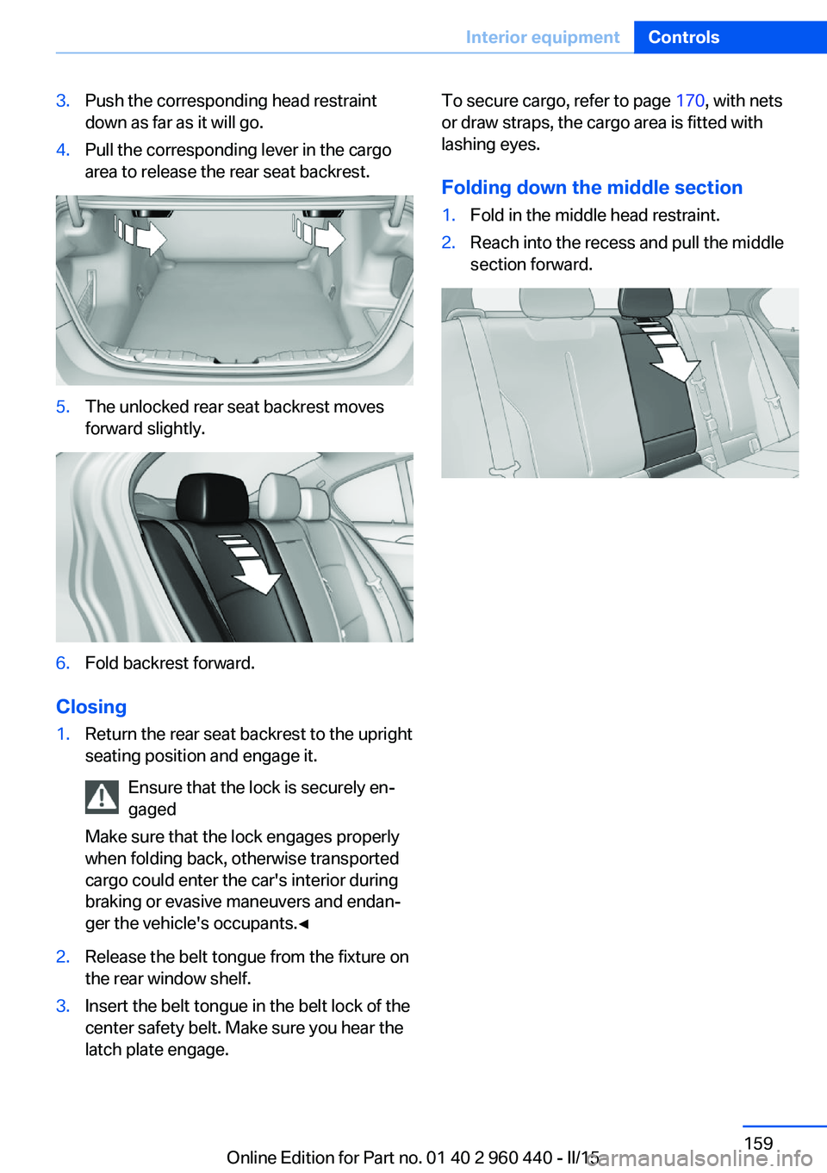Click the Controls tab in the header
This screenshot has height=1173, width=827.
(683, 37)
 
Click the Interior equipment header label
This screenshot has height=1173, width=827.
(542, 37)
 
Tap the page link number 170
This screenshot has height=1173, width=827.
(689, 101)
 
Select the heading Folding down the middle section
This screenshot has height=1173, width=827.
(592, 188)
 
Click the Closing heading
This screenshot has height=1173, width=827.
(91, 707)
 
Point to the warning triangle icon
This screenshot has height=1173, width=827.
(102, 798)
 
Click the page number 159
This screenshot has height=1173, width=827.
(758, 1143)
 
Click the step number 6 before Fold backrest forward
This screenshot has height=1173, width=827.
(63, 663)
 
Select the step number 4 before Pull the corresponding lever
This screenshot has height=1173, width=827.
(63, 150)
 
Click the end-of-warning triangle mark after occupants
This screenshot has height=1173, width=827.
(303, 924)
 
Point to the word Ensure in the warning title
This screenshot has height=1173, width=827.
(155, 788)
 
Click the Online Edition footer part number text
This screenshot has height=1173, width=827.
(413, 1157)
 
